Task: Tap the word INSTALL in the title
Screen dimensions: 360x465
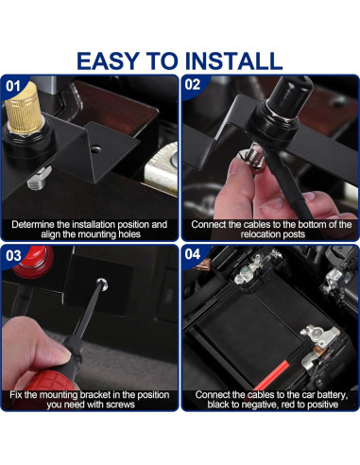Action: [x=233, y=60]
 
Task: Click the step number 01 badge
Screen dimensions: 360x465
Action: [x=13, y=86]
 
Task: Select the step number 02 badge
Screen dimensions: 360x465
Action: [x=193, y=84]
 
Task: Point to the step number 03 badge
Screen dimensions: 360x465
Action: [x=13, y=256]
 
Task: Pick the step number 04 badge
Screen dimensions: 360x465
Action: [x=193, y=254]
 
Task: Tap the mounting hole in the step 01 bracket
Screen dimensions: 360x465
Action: [x=95, y=148]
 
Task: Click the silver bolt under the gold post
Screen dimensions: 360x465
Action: [x=39, y=179]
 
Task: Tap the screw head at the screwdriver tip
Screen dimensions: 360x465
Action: [x=102, y=284]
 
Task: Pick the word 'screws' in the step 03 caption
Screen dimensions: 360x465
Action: [x=121, y=405]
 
